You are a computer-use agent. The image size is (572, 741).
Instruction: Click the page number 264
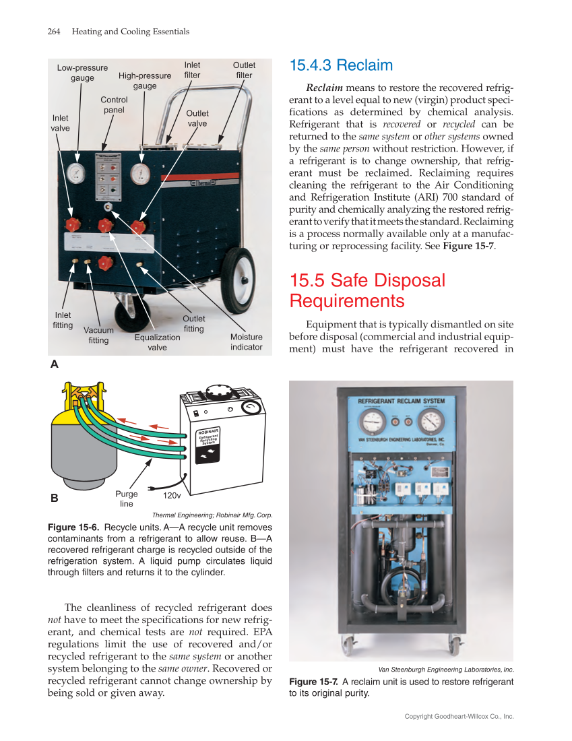tap(55, 32)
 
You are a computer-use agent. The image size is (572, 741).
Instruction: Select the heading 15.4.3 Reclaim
tap(340, 65)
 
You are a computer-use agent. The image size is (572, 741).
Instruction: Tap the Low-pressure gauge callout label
tap(82, 73)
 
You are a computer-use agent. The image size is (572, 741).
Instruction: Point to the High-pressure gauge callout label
tap(145, 81)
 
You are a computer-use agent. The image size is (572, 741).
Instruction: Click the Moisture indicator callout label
tap(246, 342)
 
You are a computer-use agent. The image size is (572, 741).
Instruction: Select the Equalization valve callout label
tap(157, 342)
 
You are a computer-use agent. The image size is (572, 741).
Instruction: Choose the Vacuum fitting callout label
tap(98, 335)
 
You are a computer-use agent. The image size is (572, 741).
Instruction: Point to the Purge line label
tap(127, 498)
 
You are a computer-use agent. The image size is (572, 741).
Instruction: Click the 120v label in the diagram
tap(172, 495)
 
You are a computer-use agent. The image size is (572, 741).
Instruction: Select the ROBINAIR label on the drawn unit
tap(209, 431)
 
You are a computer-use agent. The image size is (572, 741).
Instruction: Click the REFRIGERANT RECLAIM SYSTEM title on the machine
tap(401, 401)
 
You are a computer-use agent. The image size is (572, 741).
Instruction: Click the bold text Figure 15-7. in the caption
tap(314, 682)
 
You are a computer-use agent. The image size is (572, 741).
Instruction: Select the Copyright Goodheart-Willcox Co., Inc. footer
tap(459, 716)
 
